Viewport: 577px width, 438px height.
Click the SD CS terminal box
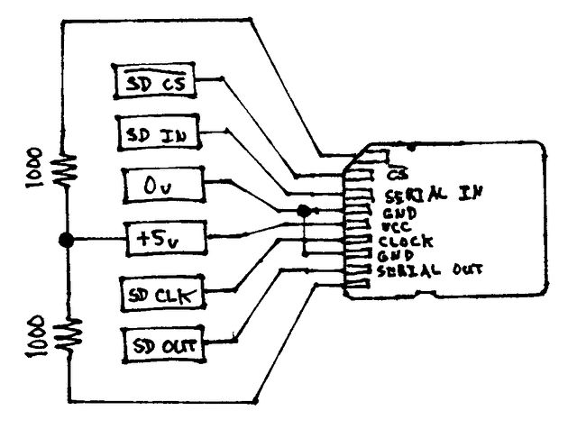[154, 81]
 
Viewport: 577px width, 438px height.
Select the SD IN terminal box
[158, 132]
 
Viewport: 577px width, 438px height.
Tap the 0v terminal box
[163, 185]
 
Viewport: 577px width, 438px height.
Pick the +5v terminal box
[166, 238]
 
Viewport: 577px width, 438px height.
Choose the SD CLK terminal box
[162, 293]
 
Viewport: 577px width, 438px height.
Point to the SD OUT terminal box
[163, 345]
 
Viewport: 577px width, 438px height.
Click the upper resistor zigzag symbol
[66, 170]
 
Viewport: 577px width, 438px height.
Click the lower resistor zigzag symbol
[69, 336]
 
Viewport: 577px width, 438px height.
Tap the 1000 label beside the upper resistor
[34, 168]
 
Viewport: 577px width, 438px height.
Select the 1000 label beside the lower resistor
[35, 336]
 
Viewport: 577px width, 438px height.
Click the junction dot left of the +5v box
[66, 240]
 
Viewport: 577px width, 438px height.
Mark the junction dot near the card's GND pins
[304, 211]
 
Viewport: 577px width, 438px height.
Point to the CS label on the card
[398, 174]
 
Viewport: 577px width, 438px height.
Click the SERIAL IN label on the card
[433, 194]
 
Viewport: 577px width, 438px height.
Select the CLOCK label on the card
[406, 242]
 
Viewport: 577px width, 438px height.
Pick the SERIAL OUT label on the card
[429, 270]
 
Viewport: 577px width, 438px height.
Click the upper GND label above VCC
[399, 214]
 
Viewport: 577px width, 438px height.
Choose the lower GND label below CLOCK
[395, 256]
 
